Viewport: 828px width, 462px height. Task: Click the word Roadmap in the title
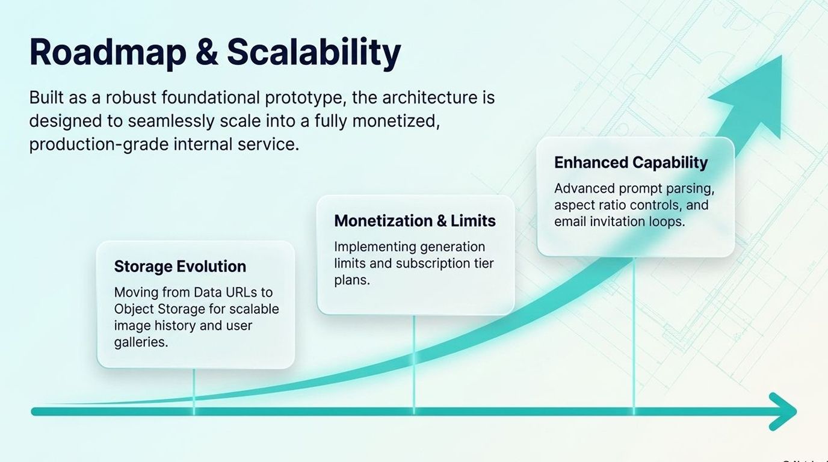(108, 52)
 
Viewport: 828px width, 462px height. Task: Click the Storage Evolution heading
(180, 266)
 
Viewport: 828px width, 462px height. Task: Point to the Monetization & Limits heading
(415, 221)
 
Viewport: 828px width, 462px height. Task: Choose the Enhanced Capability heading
(631, 163)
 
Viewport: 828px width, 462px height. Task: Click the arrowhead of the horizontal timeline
(783, 411)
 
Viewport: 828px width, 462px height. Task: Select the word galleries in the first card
(141, 343)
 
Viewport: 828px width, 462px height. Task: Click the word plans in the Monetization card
(352, 280)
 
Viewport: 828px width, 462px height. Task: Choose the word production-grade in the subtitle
(99, 144)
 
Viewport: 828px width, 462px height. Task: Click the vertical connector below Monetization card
(413, 365)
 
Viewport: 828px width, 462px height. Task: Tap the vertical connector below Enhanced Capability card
(634, 336)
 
